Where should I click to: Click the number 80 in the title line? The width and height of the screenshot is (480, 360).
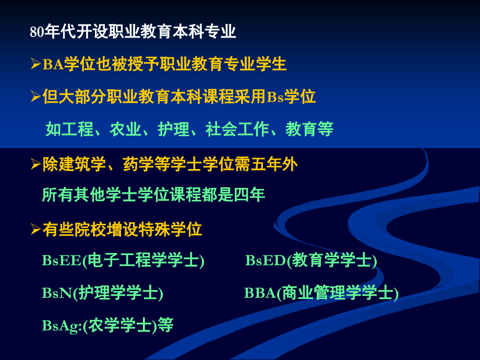pyautogui.click(x=35, y=33)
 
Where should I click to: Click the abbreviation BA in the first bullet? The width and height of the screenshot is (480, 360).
pyautogui.click(x=53, y=65)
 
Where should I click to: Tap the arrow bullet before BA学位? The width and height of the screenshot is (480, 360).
pyautogui.click(x=35, y=65)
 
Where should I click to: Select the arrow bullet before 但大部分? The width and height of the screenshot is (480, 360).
pyautogui.click(x=35, y=97)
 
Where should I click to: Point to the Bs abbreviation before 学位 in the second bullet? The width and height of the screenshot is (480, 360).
pyautogui.click(x=274, y=98)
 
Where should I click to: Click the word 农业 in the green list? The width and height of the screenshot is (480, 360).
pyautogui.click(x=125, y=129)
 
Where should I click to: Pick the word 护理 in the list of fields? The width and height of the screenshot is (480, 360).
pyautogui.click(x=173, y=129)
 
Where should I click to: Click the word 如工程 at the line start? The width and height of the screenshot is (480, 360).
pyautogui.click(x=69, y=129)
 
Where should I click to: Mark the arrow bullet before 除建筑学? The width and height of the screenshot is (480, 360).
pyautogui.click(x=35, y=165)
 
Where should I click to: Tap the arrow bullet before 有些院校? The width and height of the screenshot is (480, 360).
pyautogui.click(x=35, y=229)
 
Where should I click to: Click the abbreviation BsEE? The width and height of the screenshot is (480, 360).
pyautogui.click(x=62, y=261)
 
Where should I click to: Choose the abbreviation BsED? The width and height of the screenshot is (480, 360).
pyautogui.click(x=266, y=261)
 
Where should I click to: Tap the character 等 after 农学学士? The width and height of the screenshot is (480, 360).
pyautogui.click(x=165, y=326)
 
